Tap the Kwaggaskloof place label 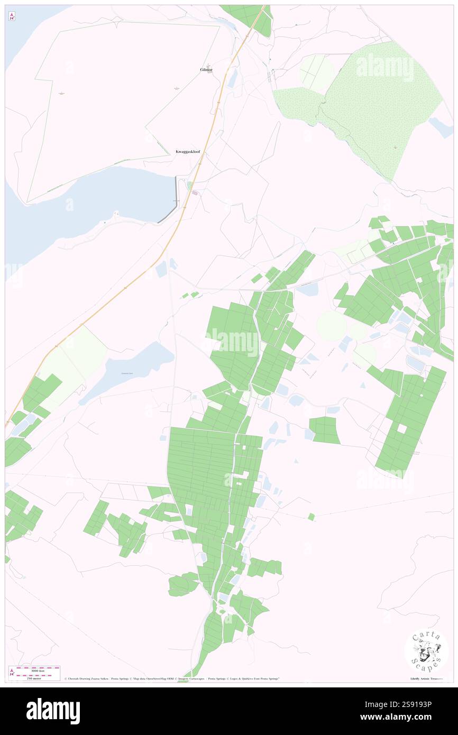[188, 152]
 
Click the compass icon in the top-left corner [12, 16]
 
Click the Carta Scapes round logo [426, 651]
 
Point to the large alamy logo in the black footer [53, 711]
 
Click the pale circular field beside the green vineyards [332, 326]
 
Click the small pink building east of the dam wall [195, 193]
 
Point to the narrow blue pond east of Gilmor [232, 79]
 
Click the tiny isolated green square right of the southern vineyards [312, 517]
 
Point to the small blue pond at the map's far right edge [440, 126]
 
